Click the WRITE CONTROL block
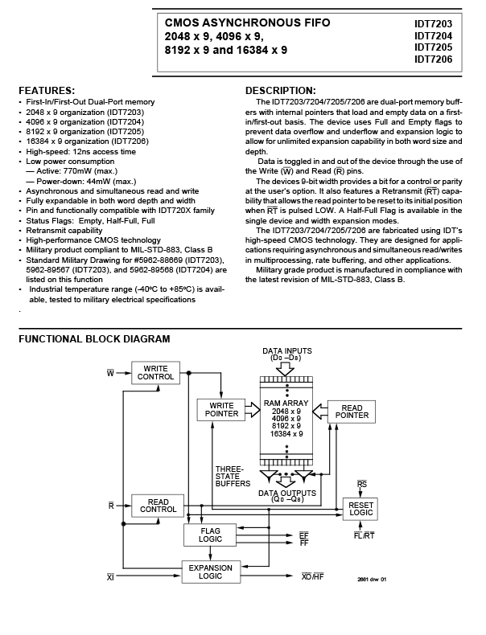(155, 373)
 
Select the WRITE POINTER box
(221, 410)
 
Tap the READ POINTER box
(352, 412)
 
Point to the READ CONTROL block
(158, 506)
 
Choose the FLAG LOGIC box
(210, 535)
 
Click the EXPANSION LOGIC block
(211, 571)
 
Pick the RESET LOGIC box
(360, 509)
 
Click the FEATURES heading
(47, 90)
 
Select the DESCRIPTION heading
(281, 90)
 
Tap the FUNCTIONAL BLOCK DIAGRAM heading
(94, 339)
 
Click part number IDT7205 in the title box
(434, 47)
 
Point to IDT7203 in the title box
(434, 24)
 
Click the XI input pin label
(110, 576)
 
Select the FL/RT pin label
(364, 535)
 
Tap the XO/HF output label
(313, 576)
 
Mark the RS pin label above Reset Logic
(362, 484)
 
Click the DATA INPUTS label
(287, 354)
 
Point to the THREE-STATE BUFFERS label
(233, 476)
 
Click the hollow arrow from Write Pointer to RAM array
(253, 410)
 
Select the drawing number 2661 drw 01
(372, 579)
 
